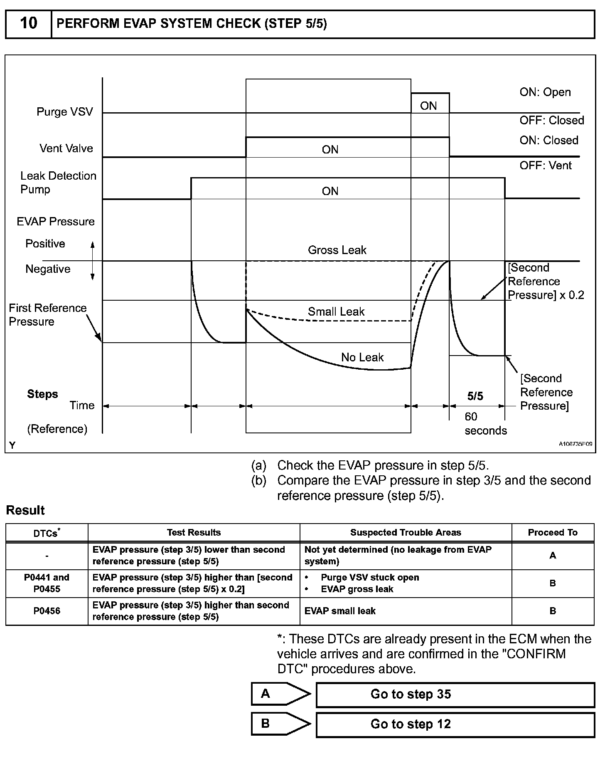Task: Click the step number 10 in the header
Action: (28, 23)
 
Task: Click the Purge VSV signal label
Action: (64, 112)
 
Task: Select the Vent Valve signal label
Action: (66, 148)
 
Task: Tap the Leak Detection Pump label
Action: (58, 183)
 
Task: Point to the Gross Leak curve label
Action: (337, 250)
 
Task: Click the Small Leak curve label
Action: (336, 311)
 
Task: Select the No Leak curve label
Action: (362, 357)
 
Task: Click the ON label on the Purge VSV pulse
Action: (428, 106)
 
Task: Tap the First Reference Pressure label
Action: (47, 315)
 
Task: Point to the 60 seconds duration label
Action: (485, 423)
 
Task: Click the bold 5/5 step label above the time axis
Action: (475, 396)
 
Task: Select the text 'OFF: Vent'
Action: (545, 166)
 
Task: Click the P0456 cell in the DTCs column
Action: (47, 611)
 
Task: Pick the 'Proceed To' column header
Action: (553, 532)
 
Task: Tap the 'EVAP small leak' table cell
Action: (340, 611)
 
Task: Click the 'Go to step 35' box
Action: (455, 694)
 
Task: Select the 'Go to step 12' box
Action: (455, 724)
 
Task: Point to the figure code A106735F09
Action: (575, 444)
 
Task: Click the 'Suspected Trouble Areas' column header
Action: (406, 532)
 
